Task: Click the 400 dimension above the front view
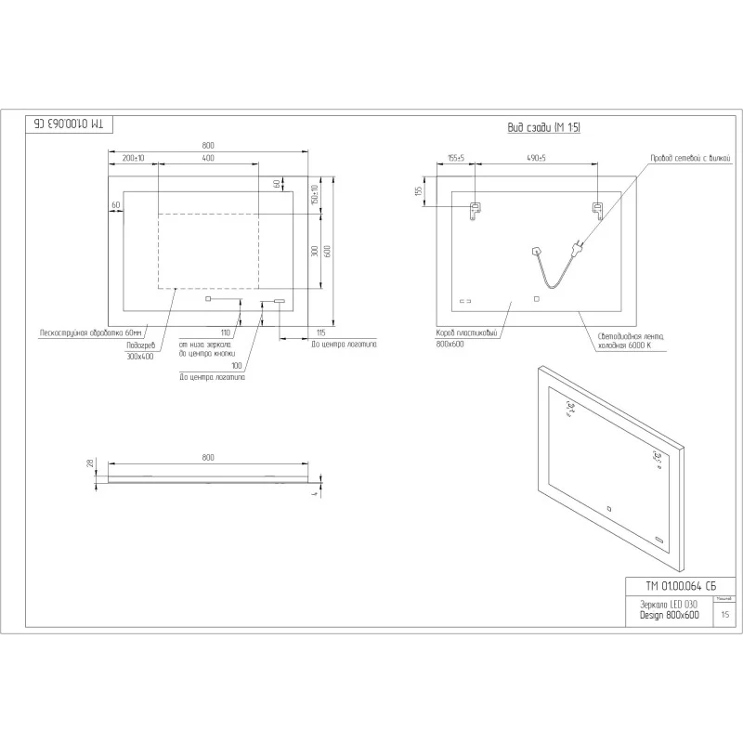[207, 159]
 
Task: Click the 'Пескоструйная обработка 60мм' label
[89, 332]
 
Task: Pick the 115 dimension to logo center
[320, 332]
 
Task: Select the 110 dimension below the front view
[225, 332]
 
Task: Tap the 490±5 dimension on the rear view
[536, 159]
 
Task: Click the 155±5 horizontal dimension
[455, 159]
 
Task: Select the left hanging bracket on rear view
[475, 212]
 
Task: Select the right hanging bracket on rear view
[599, 211]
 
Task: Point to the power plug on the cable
[576, 247]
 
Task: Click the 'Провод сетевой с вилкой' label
[690, 159]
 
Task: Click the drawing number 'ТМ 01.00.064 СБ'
[680, 586]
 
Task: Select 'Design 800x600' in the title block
[669, 615]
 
